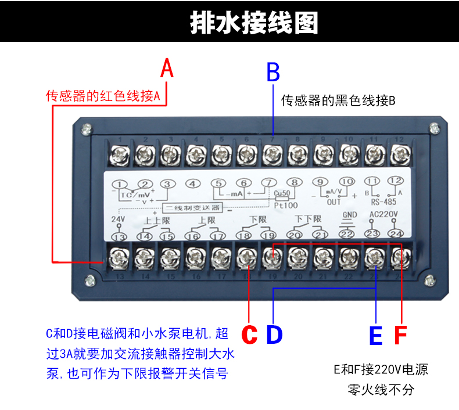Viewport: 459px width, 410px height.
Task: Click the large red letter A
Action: (x=167, y=69)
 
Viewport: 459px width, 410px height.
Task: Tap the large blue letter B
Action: (x=273, y=73)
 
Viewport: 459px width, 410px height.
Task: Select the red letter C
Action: (x=249, y=335)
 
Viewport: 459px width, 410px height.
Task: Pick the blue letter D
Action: (x=274, y=335)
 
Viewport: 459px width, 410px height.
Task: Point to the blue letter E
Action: (x=376, y=335)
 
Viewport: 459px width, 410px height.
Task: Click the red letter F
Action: (x=401, y=335)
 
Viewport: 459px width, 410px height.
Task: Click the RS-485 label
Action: (x=383, y=203)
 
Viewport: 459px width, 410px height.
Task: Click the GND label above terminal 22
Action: (x=348, y=214)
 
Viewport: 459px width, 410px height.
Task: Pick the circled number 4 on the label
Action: (x=192, y=184)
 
